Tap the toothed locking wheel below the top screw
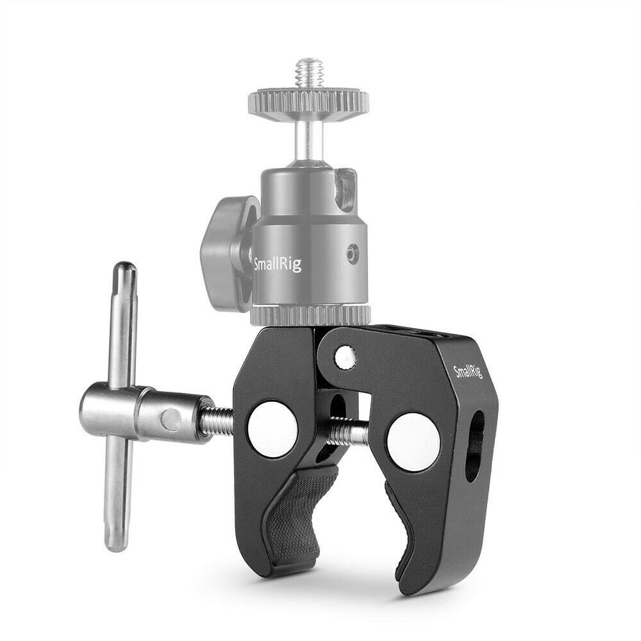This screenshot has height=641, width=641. click(308, 102)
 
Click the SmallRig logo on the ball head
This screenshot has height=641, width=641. click(278, 262)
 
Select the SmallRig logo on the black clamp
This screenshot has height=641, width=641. click(467, 372)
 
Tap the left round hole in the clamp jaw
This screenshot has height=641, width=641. click(272, 429)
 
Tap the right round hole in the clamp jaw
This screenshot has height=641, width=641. click(413, 442)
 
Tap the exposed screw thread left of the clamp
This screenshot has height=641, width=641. click(221, 421)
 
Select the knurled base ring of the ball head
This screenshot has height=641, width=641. click(310, 315)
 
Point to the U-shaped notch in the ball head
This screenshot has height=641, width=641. click(345, 190)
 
